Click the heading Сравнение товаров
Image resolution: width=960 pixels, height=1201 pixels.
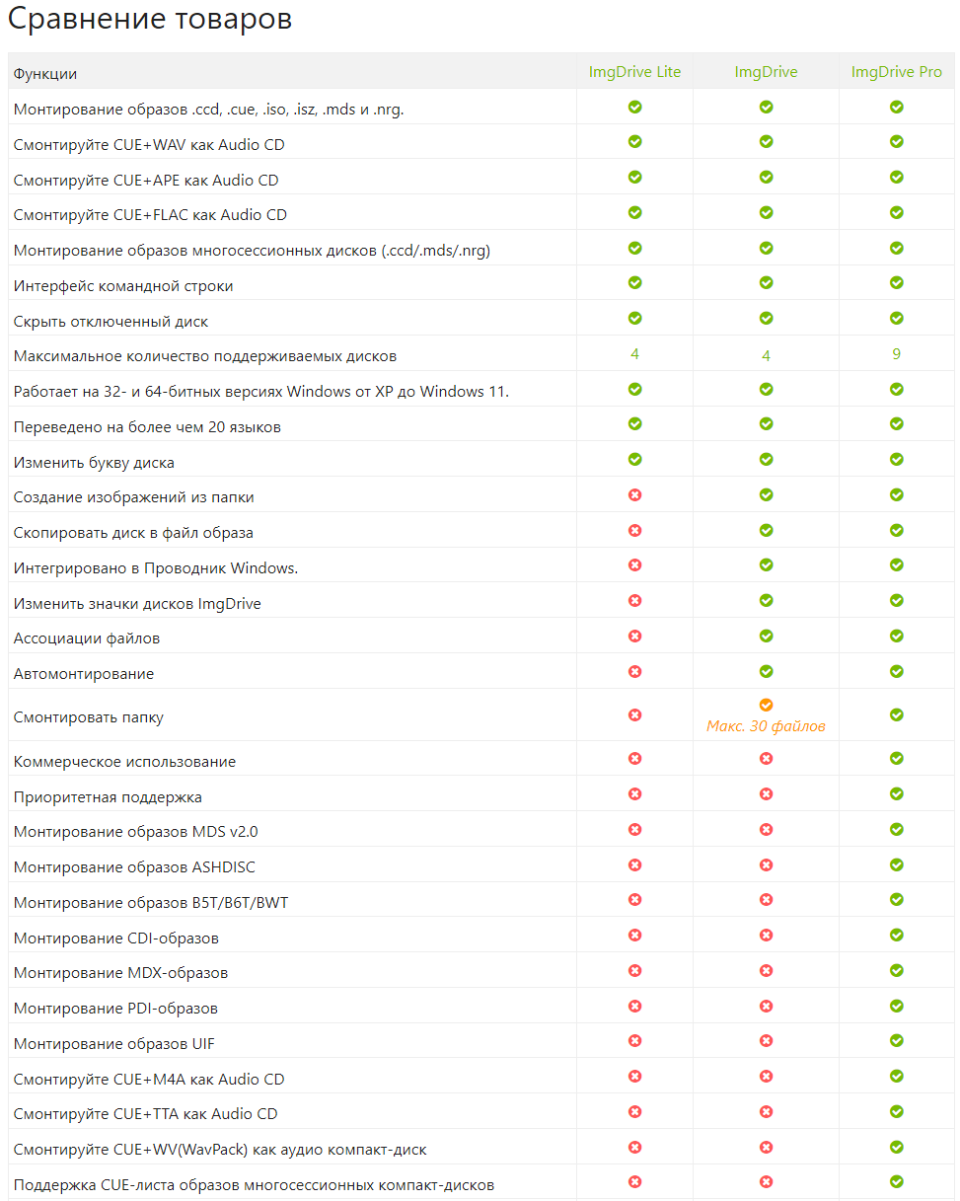click(x=150, y=20)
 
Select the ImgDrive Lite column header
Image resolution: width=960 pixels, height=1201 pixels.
click(x=634, y=72)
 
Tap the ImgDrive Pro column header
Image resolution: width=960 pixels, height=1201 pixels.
click(x=896, y=72)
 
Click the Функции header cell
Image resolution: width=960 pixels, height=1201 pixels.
click(x=45, y=73)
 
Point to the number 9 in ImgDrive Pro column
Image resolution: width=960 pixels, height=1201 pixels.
click(x=896, y=354)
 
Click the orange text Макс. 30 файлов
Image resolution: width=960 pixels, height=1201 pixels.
click(x=766, y=726)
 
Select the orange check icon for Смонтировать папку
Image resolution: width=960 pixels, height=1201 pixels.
click(x=766, y=705)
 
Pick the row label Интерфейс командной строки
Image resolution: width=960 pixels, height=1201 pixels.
click(x=123, y=286)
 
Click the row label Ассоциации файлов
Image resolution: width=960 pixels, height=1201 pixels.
click(x=87, y=638)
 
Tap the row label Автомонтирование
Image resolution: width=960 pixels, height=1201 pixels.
click(x=84, y=674)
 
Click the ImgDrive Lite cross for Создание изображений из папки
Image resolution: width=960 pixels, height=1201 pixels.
click(x=634, y=494)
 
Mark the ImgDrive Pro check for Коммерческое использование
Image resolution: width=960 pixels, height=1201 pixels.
click(x=896, y=759)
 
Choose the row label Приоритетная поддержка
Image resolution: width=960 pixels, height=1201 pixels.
click(x=108, y=796)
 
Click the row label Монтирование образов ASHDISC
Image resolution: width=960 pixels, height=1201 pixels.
click(x=134, y=867)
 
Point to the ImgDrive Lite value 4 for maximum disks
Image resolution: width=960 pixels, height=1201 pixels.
click(x=634, y=354)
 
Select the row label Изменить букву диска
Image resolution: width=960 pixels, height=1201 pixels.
click(x=94, y=463)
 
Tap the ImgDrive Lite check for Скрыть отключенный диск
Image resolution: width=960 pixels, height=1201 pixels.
click(x=634, y=318)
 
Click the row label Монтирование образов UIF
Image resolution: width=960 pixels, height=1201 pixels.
click(x=114, y=1044)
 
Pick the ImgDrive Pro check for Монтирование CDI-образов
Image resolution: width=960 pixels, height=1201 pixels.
click(x=896, y=935)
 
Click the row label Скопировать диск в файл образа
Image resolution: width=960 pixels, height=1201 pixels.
click(x=133, y=533)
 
